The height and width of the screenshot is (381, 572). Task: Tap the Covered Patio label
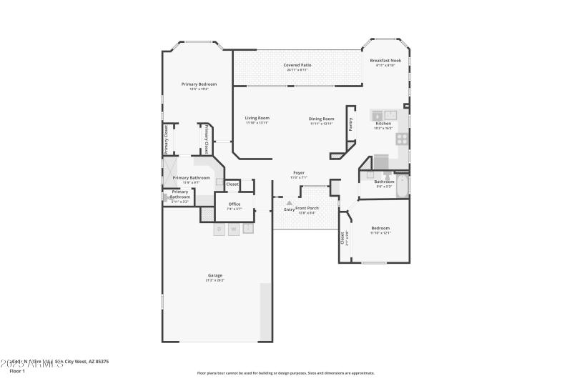[297, 65]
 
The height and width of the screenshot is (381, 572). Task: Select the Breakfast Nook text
[385, 61]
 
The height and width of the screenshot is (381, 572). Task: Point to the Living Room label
[257, 118]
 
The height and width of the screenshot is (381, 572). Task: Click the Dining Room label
[321, 119]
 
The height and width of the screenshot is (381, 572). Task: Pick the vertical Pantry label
[350, 124]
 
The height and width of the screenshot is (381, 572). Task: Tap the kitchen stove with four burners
[403, 138]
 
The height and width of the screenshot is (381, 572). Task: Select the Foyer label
[299, 172]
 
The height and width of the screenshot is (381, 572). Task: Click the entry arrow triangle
[290, 203]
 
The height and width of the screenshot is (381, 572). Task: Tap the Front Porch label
[307, 207]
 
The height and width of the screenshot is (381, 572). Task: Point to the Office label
[235, 204]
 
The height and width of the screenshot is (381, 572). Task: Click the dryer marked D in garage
[220, 229]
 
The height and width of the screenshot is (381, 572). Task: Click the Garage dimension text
[215, 280]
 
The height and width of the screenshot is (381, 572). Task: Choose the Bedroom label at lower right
[380, 228]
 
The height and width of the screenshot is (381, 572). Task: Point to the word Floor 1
[17, 371]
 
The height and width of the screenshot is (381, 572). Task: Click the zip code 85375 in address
[99, 362]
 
